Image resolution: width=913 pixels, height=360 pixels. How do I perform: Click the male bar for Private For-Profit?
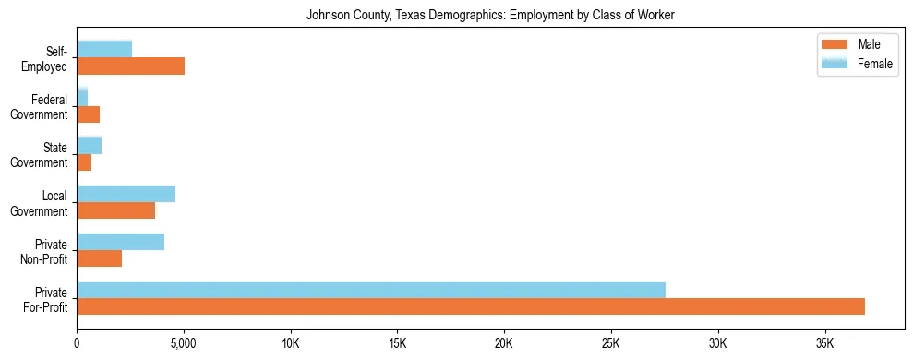pyautogui.click(x=471, y=306)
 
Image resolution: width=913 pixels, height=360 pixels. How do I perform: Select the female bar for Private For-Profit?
pyautogui.click(x=371, y=290)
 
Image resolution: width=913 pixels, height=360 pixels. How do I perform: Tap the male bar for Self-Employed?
pyautogui.click(x=130, y=66)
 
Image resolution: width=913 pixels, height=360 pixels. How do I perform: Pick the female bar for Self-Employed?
pyautogui.click(x=104, y=49)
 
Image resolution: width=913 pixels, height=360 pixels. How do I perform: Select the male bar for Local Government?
pyautogui.click(x=115, y=210)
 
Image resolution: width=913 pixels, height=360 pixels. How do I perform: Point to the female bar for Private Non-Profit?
pyautogui.click(x=120, y=242)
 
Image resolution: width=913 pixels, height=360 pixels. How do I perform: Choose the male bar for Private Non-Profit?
pyautogui.click(x=99, y=258)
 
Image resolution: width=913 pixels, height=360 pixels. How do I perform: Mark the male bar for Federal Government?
pyautogui.click(x=88, y=114)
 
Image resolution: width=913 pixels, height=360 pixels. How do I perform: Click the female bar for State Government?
pyautogui.click(x=89, y=145)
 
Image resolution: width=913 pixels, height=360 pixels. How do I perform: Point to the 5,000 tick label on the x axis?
pyautogui.click(x=184, y=343)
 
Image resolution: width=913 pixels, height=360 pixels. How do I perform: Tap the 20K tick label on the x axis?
pyautogui.click(x=504, y=343)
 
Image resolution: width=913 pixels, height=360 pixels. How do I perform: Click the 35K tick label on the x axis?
pyautogui.click(x=824, y=343)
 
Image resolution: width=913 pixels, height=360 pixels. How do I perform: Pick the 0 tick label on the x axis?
pyautogui.click(x=77, y=343)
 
